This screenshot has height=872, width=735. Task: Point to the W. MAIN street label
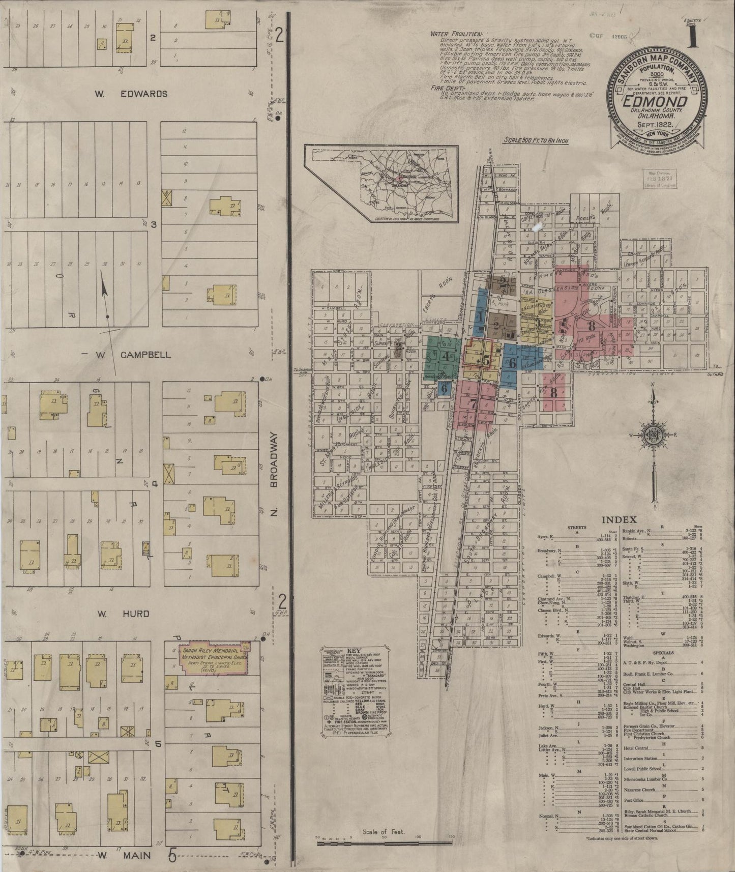124,855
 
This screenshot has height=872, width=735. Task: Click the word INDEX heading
619,519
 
